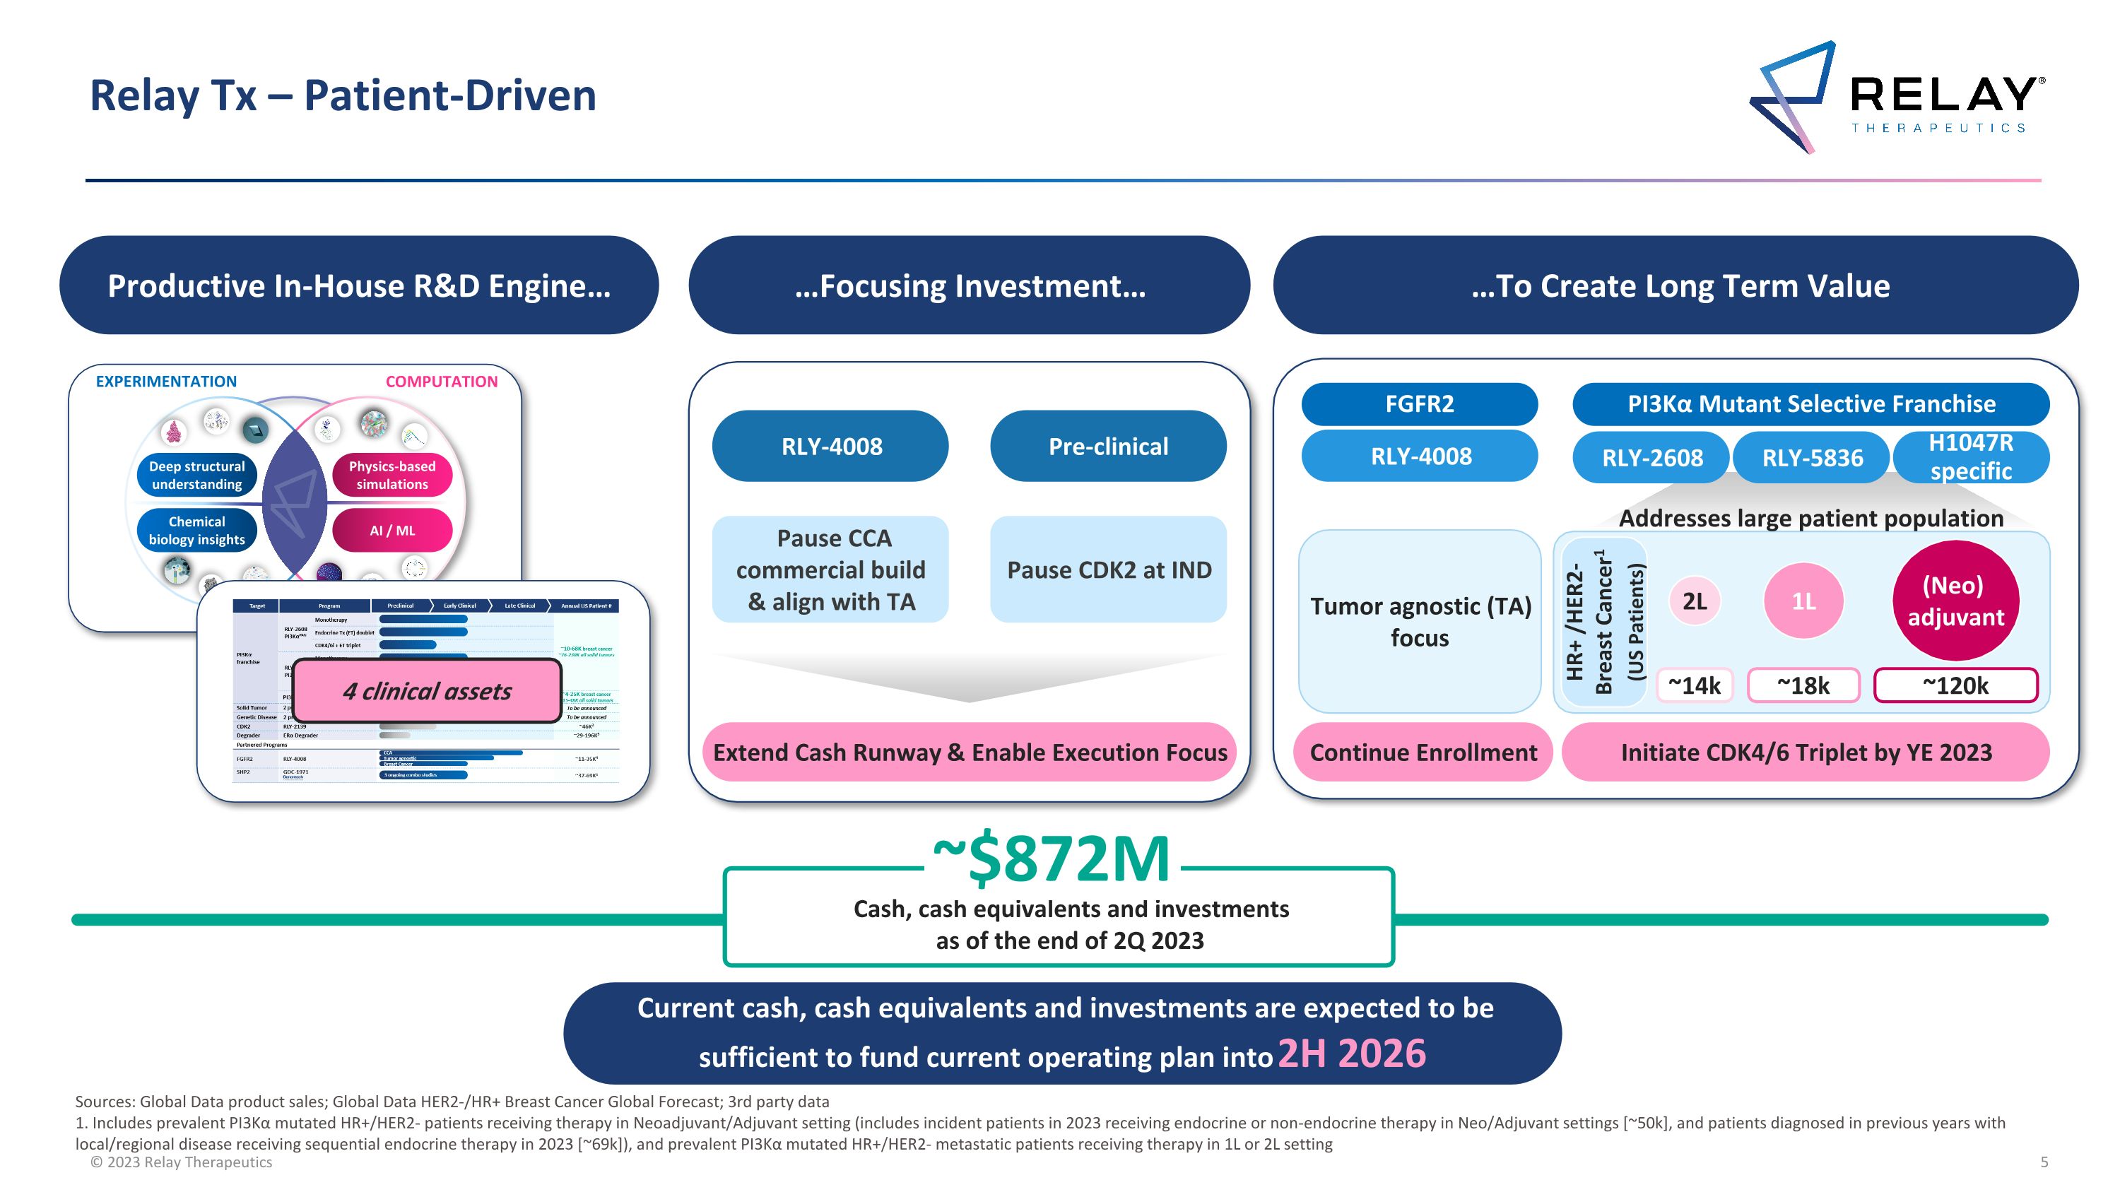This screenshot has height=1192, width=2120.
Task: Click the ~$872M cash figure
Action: pos(1051,860)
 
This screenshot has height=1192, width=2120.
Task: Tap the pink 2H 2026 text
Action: pos(1350,1054)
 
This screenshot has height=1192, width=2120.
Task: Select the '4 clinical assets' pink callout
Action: pos(427,691)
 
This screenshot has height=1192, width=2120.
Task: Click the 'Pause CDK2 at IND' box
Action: pos(1108,570)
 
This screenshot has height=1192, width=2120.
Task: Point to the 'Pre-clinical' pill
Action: pos(1108,446)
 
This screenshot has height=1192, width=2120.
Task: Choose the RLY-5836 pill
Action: pos(1811,457)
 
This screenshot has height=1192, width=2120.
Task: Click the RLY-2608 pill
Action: pos(1651,457)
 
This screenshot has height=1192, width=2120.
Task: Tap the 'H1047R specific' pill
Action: pos(1970,456)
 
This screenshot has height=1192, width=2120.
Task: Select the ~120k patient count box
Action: pos(1955,685)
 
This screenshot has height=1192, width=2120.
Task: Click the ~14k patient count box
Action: pos(1694,685)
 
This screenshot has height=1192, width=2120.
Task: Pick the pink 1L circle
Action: pos(1803,601)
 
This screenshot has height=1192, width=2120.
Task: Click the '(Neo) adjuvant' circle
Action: pos(1955,601)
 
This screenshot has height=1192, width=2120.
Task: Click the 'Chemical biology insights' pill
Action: pos(196,531)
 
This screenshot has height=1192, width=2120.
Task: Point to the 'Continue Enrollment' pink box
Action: pos(1423,752)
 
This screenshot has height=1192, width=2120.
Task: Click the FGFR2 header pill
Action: pos(1419,404)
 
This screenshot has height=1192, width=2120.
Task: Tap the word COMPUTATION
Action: pos(441,382)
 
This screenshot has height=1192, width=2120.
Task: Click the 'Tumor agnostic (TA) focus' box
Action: pos(1420,621)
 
